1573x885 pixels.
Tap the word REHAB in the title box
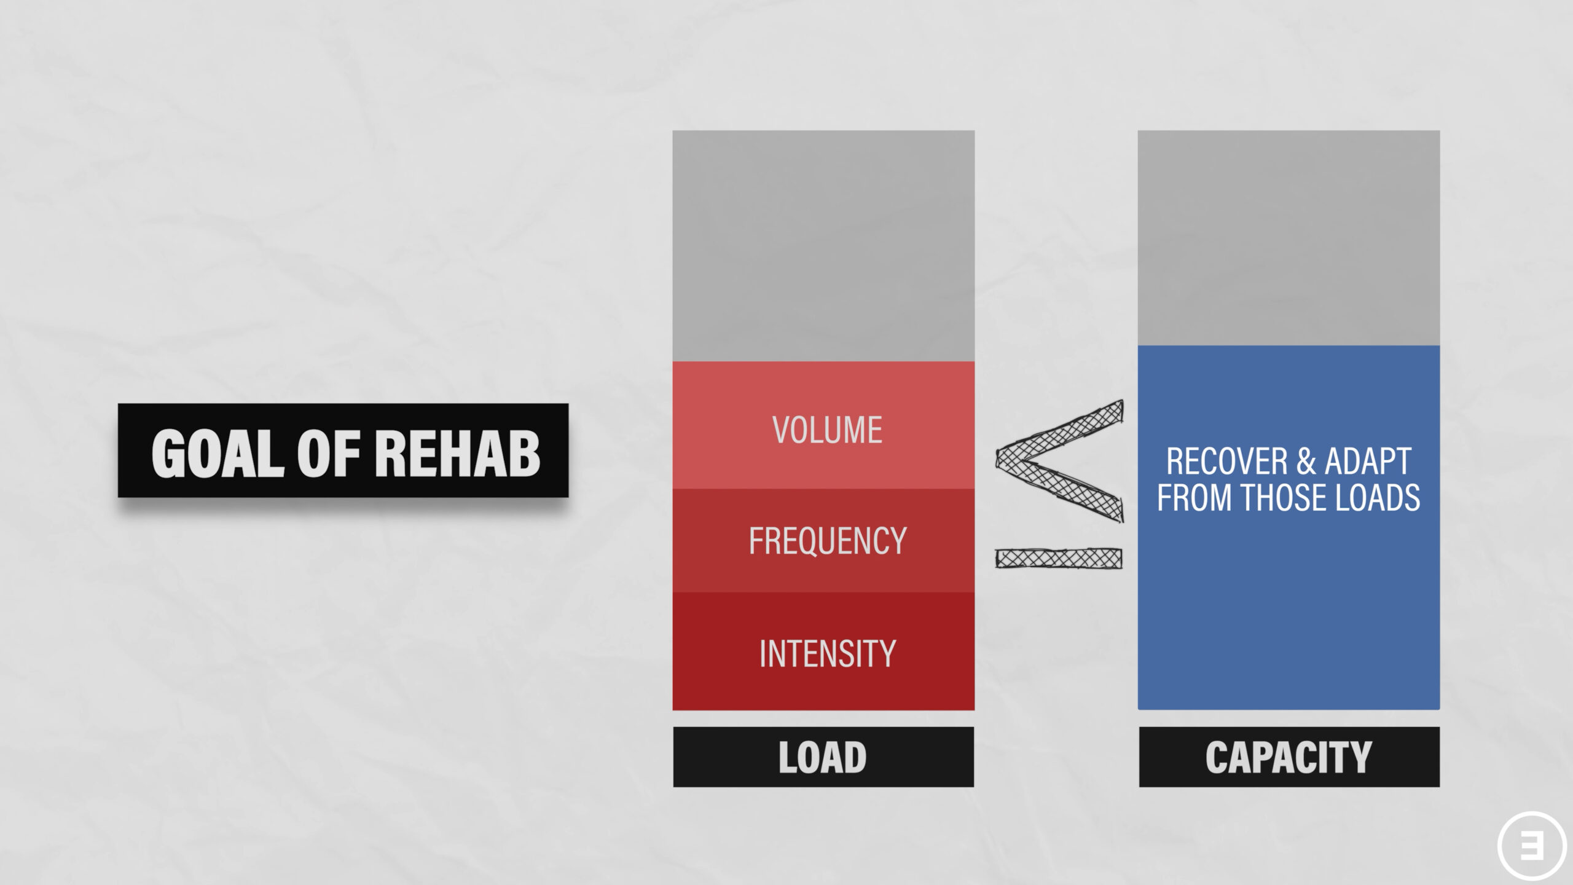point(457,453)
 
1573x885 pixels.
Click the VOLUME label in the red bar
point(827,430)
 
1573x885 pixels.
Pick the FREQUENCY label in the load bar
point(827,541)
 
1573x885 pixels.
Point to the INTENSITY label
point(827,653)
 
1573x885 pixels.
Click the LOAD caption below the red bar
point(823,757)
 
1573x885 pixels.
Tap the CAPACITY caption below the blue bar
point(1289,757)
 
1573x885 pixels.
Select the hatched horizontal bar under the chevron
point(1059,558)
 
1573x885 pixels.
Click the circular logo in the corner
point(1534,847)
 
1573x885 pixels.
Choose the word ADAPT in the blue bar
point(1368,462)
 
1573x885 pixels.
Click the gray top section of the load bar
point(823,246)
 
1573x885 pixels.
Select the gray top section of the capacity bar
point(1289,238)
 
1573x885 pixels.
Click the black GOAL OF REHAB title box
point(343,450)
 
